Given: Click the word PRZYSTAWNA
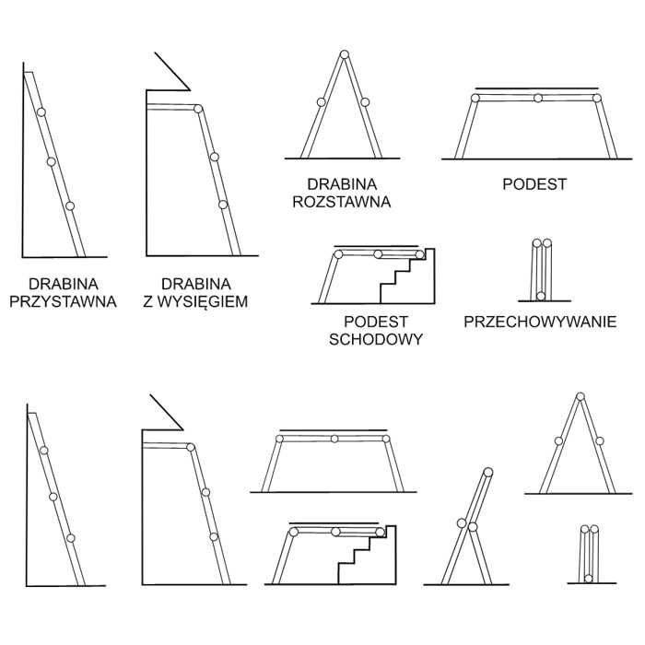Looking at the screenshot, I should click(63, 300).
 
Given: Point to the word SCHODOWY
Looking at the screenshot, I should click(375, 338).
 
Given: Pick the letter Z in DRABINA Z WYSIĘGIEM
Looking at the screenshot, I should click(151, 300).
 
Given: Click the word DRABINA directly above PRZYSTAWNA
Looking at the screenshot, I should click(63, 284).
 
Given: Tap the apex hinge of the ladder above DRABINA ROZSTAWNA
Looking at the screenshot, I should click(344, 53).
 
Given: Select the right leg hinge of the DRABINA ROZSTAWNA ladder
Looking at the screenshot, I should click(365, 101).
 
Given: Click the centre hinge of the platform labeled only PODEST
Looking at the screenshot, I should click(537, 98).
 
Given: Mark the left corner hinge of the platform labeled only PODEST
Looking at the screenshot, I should click(476, 98).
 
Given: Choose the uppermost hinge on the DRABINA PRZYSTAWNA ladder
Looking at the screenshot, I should click(41, 112).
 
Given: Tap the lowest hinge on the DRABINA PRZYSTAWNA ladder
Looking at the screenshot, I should click(70, 205).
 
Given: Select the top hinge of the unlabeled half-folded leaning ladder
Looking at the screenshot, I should click(488, 473).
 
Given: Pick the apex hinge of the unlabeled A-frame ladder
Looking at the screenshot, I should click(580, 398).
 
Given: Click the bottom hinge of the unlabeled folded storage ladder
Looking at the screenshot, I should click(589, 579).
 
